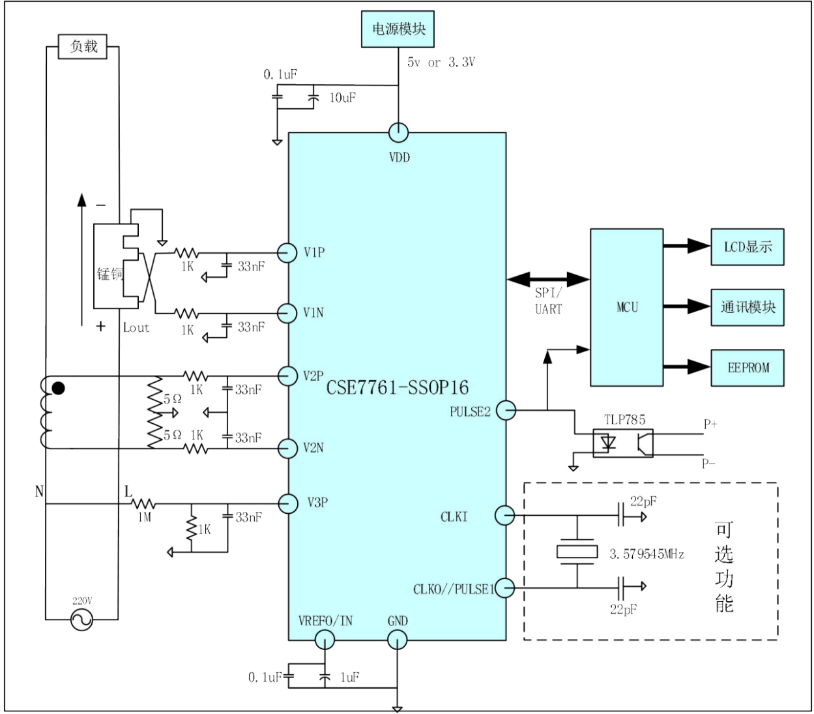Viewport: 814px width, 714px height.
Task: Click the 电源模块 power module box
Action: point(398,29)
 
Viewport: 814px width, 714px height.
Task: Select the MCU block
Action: point(626,308)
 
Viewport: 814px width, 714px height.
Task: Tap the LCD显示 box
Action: point(748,247)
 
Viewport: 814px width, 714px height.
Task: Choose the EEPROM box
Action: point(748,368)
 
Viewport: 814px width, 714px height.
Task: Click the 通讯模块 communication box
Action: point(748,307)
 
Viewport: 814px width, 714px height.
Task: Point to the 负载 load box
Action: point(82,47)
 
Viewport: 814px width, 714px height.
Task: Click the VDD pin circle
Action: point(399,132)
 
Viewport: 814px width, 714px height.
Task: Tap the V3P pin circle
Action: point(288,504)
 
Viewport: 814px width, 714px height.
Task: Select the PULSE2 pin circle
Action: point(506,411)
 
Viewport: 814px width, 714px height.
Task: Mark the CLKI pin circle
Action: point(504,515)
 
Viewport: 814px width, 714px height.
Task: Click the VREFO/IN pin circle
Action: point(325,640)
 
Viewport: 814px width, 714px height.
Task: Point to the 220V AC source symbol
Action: point(81,619)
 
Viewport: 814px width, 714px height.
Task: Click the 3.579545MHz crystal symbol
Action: point(577,552)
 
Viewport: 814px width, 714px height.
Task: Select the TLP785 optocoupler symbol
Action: point(623,443)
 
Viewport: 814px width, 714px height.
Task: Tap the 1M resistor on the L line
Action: point(143,504)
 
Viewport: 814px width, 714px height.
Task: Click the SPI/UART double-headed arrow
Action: point(548,279)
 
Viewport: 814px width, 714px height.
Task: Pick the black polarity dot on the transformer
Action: point(59,389)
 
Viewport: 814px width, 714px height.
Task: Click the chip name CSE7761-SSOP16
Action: point(397,387)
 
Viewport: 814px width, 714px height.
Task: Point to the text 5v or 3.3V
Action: point(441,63)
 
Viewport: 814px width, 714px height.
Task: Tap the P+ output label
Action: point(710,424)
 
